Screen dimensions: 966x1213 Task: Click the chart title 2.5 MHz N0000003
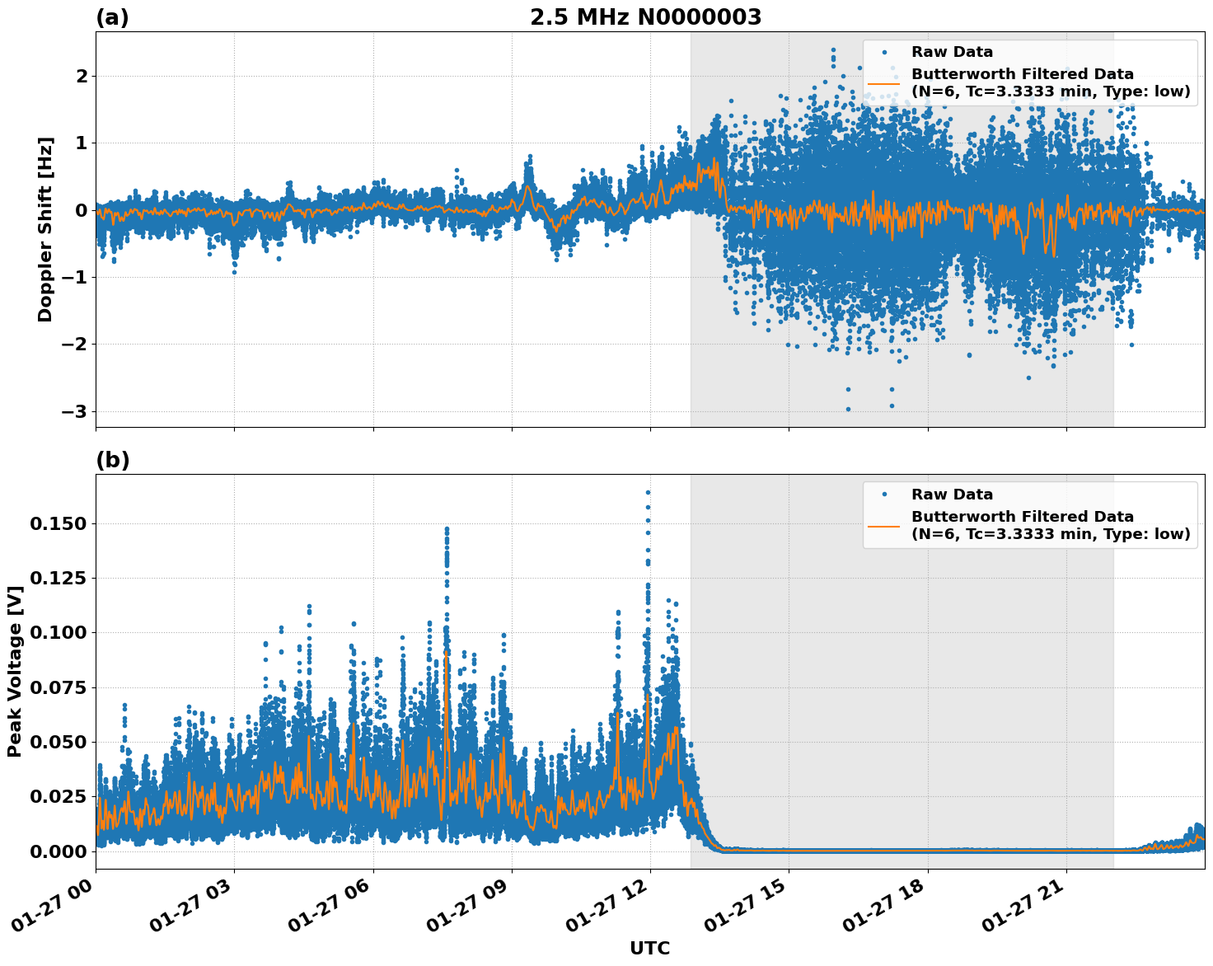tap(645, 17)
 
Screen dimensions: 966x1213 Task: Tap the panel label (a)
tap(112, 17)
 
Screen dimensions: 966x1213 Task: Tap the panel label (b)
tap(112, 460)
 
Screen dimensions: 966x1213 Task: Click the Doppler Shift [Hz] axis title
tap(45, 229)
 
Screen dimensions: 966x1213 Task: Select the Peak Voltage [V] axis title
tap(14, 671)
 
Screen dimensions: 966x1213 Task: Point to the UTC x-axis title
tap(649, 948)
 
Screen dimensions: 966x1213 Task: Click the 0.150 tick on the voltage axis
tap(58, 523)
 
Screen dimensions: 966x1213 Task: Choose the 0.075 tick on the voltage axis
tap(58, 687)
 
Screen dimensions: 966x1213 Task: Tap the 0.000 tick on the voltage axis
tap(58, 851)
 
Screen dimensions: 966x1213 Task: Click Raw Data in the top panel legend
tap(952, 52)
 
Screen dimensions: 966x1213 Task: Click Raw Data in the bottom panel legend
tap(952, 495)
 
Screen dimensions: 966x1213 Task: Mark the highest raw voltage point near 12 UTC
tap(648, 493)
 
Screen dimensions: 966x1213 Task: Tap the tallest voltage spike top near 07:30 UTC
tap(447, 528)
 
